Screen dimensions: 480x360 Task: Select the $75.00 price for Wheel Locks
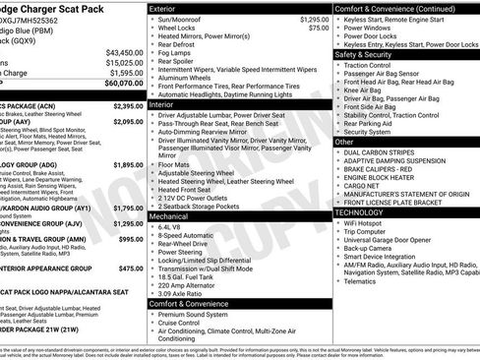[318, 29]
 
